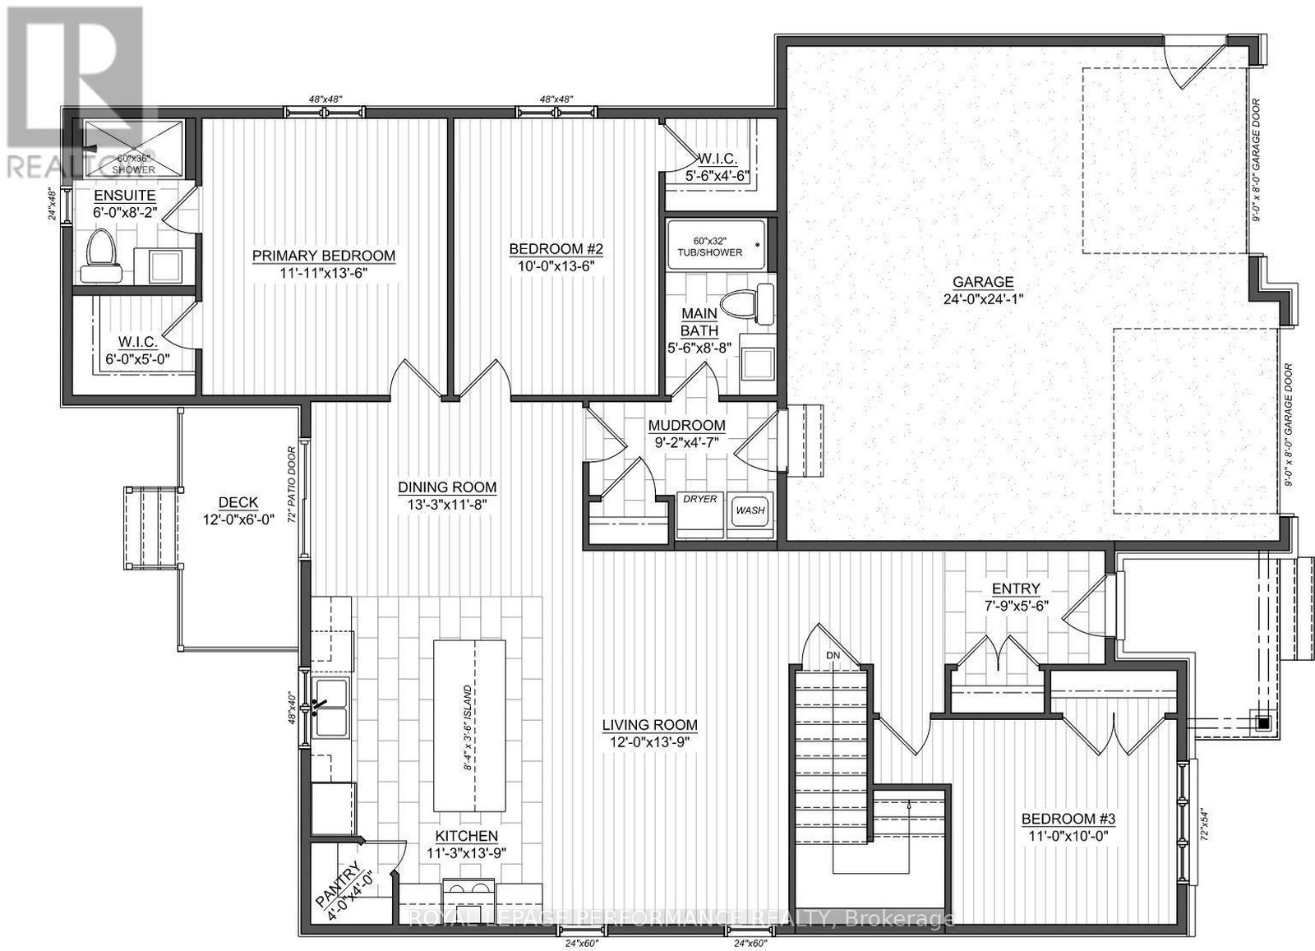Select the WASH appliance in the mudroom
coord(751,510)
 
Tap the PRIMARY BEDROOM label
coord(324,256)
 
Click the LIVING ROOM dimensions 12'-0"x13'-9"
coord(649,741)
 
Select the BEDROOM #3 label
coord(1068,819)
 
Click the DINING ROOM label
coord(447,487)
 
